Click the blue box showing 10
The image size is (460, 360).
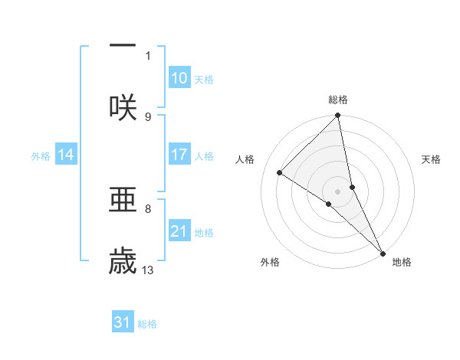point(179,78)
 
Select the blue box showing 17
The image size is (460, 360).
point(179,155)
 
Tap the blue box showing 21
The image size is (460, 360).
point(179,231)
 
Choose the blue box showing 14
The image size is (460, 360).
point(66,155)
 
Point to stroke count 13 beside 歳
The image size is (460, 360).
point(149,270)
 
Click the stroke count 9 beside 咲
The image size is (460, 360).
point(148,116)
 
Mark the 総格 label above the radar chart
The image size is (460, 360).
point(338,100)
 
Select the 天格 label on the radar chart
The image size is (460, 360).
point(432,159)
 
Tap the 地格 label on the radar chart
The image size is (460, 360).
point(402,262)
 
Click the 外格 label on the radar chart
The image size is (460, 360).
point(270,262)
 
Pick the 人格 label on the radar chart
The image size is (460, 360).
point(245,159)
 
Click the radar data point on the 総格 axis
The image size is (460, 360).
point(338,116)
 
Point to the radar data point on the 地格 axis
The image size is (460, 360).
point(383,253)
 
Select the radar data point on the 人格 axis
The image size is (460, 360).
point(280,173)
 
